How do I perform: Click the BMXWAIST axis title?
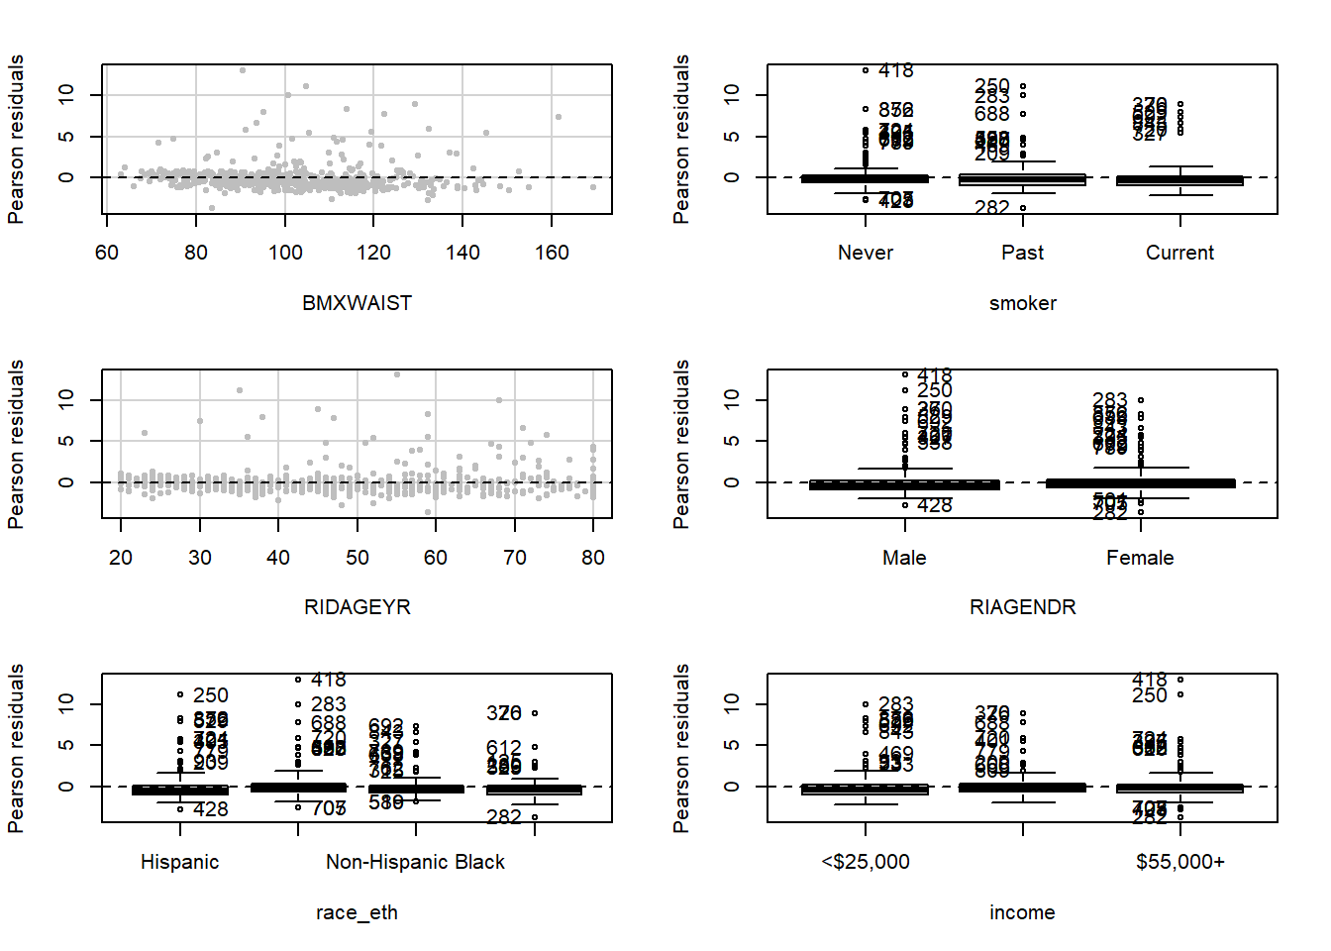pos(357,303)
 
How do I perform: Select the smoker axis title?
pos(1022,303)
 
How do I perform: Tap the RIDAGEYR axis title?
pos(357,607)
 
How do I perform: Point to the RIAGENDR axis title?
pos(1022,607)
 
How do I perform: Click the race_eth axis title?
pos(357,912)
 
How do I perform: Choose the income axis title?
pos(1022,912)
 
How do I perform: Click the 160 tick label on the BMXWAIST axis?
pos(552,253)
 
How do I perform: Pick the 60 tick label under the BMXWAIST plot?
pos(107,253)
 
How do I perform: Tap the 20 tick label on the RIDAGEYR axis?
pos(121,558)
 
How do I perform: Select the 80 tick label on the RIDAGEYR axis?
pos(593,558)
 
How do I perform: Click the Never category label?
pos(866,253)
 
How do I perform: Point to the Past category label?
pos(1022,253)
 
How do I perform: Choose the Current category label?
pos(1179,253)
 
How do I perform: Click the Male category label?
pos(904,558)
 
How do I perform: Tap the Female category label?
pos(1140,558)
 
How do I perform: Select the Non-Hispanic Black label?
pos(415,862)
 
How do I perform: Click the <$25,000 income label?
pos(866,862)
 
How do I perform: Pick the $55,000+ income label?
pos(1179,862)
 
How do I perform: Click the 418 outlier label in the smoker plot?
pos(896,70)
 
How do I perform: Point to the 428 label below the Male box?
pos(935,505)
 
